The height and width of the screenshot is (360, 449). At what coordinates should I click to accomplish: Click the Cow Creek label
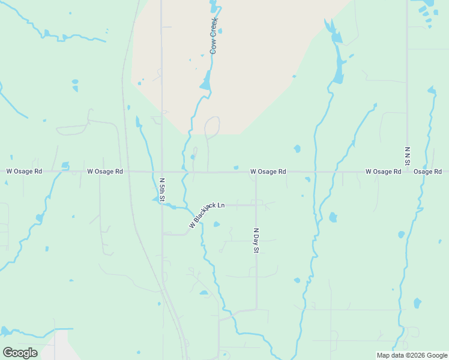213,36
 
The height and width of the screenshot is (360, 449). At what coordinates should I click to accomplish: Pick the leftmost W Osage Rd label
24,171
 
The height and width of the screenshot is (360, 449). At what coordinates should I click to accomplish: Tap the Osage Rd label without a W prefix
427,172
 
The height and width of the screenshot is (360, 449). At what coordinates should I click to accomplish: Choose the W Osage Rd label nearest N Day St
268,172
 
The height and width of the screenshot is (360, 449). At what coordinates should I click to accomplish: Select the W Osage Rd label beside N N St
383,172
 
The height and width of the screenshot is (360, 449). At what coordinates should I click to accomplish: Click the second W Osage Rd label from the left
105,171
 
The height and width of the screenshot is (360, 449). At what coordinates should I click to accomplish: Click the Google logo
20,353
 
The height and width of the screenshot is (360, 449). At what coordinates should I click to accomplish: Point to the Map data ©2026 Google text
411,355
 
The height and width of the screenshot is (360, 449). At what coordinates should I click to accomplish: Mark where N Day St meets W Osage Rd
256,172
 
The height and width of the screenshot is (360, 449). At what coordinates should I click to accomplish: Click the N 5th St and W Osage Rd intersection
162,172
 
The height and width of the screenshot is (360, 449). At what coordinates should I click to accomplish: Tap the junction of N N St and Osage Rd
408,172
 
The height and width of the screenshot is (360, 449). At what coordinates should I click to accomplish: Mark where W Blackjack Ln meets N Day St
256,205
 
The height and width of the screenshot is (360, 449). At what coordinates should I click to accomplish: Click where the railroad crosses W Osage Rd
128,172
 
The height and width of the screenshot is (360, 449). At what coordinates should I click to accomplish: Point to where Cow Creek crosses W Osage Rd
185,172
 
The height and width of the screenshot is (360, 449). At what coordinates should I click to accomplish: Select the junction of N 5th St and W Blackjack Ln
162,204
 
